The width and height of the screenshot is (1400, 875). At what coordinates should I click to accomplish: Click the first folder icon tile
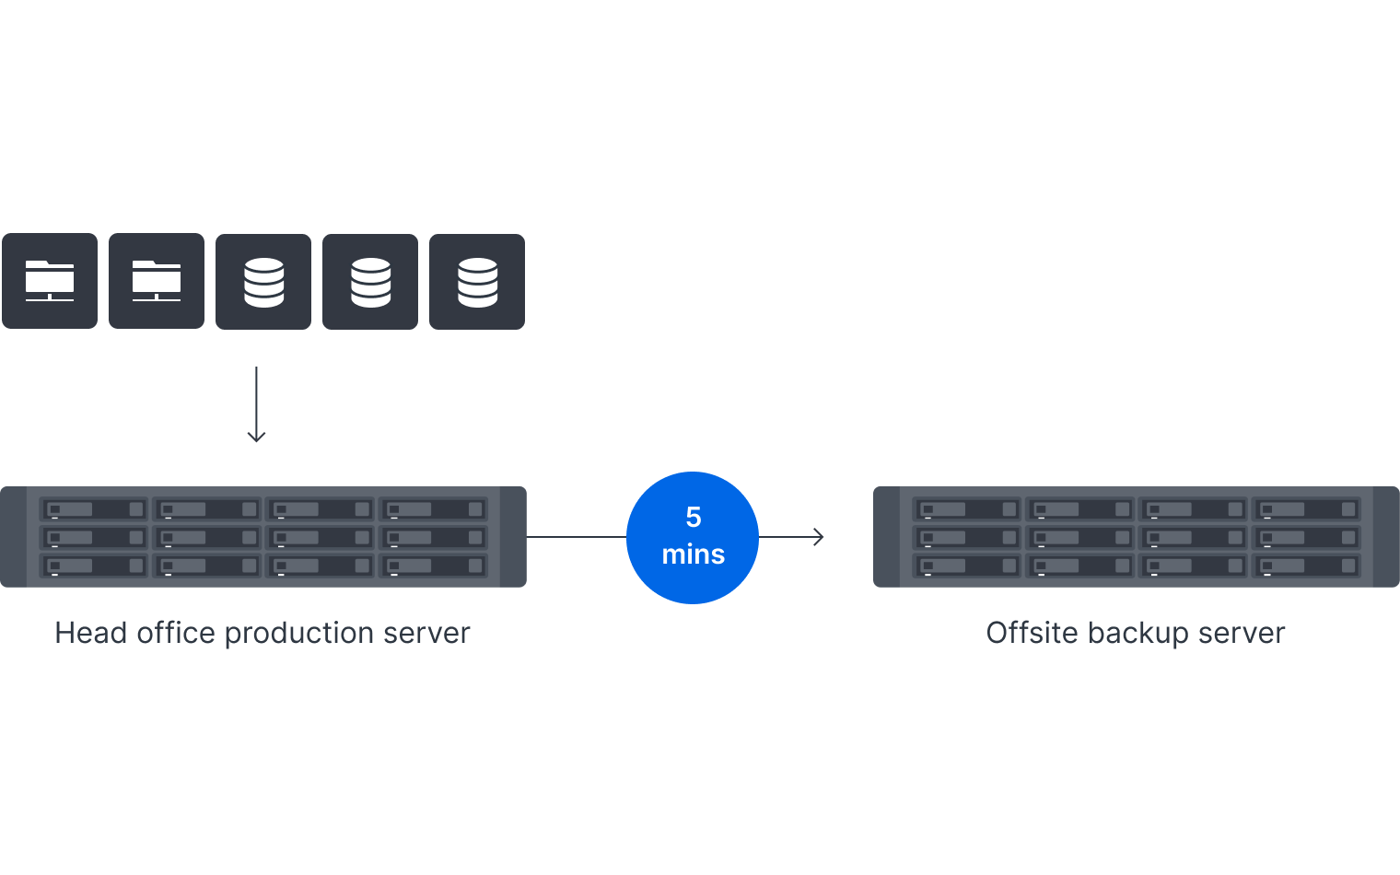click(50, 281)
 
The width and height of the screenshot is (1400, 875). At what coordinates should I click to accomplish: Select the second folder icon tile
click(157, 281)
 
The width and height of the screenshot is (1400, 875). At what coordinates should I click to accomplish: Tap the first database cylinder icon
click(263, 282)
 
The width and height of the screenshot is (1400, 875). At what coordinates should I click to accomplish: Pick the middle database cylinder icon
click(370, 282)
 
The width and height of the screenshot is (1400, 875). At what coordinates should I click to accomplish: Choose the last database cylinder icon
click(477, 282)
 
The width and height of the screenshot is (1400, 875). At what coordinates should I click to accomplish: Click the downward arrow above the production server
click(256, 405)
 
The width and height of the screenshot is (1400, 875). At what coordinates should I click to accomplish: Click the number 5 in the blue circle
click(694, 518)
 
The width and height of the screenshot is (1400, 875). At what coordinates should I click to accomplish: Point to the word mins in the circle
click(693, 554)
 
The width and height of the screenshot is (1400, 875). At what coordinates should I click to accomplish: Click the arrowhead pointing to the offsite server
click(819, 537)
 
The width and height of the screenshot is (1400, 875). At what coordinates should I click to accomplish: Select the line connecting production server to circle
click(576, 537)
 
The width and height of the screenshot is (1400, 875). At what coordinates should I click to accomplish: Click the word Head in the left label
click(90, 634)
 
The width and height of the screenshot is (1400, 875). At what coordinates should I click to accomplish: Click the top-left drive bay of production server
click(94, 509)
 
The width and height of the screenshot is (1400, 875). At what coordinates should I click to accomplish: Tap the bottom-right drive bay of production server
click(433, 566)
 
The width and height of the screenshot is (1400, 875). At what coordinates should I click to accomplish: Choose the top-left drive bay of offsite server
click(967, 509)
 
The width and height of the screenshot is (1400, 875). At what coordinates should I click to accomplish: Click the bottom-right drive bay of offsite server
click(1306, 566)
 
